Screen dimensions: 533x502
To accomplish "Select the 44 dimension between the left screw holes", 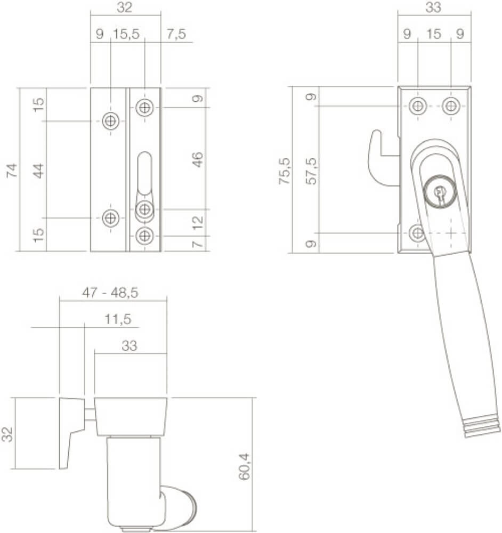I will (x=39, y=170).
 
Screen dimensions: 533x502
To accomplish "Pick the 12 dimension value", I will (x=198, y=222).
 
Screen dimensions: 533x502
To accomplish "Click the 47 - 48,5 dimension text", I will (x=114, y=292).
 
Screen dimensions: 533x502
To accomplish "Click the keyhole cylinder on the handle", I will (x=439, y=192).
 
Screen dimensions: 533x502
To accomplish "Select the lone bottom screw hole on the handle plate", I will (x=418, y=233).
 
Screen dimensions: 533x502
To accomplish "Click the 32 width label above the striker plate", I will (x=125, y=7).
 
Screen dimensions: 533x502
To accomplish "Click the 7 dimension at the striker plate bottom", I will (x=198, y=244).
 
